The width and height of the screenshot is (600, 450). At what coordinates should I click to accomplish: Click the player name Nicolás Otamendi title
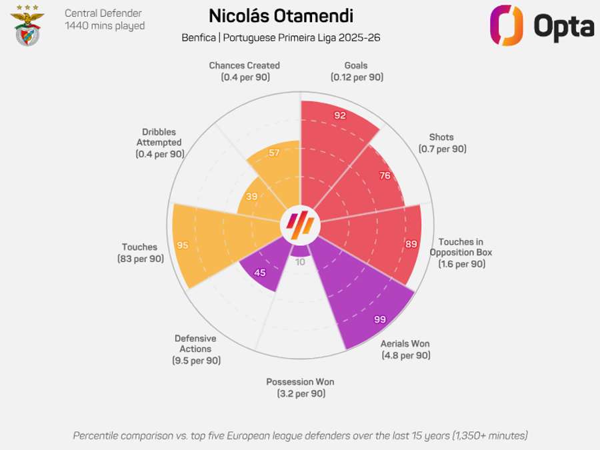pyautogui.click(x=281, y=16)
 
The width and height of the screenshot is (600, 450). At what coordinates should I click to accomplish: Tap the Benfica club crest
pyautogui.click(x=28, y=25)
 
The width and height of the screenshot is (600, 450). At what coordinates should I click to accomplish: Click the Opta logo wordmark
pyautogui.click(x=563, y=26)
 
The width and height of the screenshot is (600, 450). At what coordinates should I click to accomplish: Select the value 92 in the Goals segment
pyautogui.click(x=340, y=115)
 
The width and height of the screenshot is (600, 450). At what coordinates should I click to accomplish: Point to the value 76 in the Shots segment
pyautogui.click(x=385, y=176)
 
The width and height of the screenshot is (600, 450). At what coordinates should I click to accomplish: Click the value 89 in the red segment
pyautogui.click(x=411, y=244)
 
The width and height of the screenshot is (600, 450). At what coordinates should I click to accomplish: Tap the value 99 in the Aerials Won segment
pyautogui.click(x=380, y=320)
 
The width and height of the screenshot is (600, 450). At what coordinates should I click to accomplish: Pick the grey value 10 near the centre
pyautogui.click(x=300, y=262)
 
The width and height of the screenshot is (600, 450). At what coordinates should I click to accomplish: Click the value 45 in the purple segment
pyautogui.click(x=261, y=272)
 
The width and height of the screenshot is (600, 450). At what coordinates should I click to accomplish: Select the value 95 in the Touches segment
pyautogui.click(x=182, y=245)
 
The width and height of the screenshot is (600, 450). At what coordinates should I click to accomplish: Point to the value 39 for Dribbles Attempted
pyautogui.click(x=251, y=197)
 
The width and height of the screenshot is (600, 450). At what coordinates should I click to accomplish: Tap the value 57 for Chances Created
pyautogui.click(x=274, y=153)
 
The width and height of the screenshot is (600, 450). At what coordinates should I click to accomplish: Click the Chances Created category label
pyautogui.click(x=244, y=66)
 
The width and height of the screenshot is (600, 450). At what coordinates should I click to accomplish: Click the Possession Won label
pyautogui.click(x=300, y=382)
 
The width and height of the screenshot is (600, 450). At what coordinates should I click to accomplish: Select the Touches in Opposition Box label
pyautogui.click(x=461, y=247)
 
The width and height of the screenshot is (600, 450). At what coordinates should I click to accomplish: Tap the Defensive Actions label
pyautogui.click(x=195, y=343)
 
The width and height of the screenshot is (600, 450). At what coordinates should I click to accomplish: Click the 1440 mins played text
pyautogui.click(x=104, y=26)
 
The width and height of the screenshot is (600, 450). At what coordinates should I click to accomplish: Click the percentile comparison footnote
pyautogui.click(x=300, y=435)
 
